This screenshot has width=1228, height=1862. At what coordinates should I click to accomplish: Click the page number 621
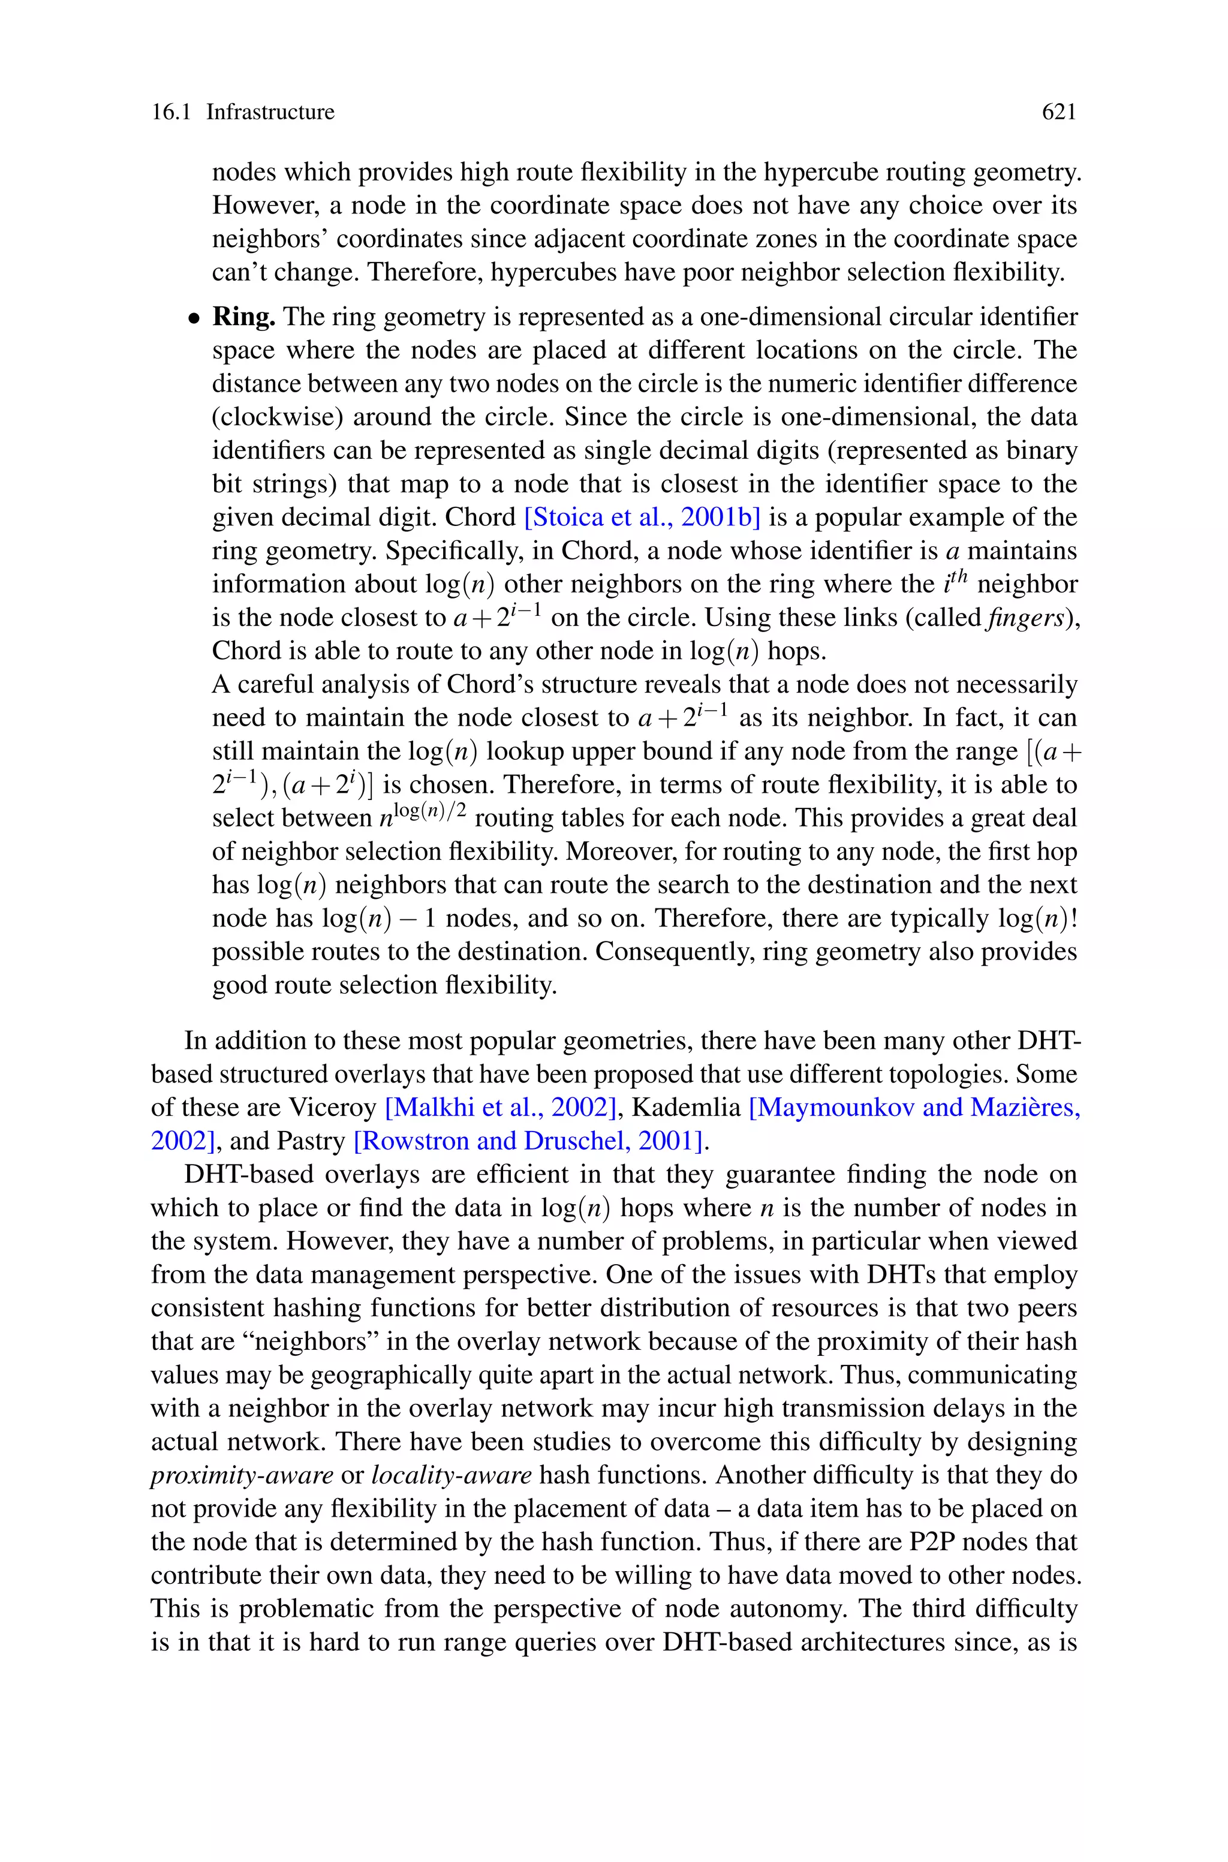tap(1059, 112)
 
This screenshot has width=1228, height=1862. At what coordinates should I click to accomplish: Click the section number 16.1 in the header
tap(171, 112)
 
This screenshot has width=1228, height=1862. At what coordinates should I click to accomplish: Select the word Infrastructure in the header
tap(270, 112)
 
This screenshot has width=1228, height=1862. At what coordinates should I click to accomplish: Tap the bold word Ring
tap(243, 317)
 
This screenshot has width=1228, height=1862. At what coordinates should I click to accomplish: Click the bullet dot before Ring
tap(192, 318)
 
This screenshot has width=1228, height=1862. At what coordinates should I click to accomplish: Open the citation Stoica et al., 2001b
tap(642, 518)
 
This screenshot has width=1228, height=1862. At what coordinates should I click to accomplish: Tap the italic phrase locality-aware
tap(451, 1475)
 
